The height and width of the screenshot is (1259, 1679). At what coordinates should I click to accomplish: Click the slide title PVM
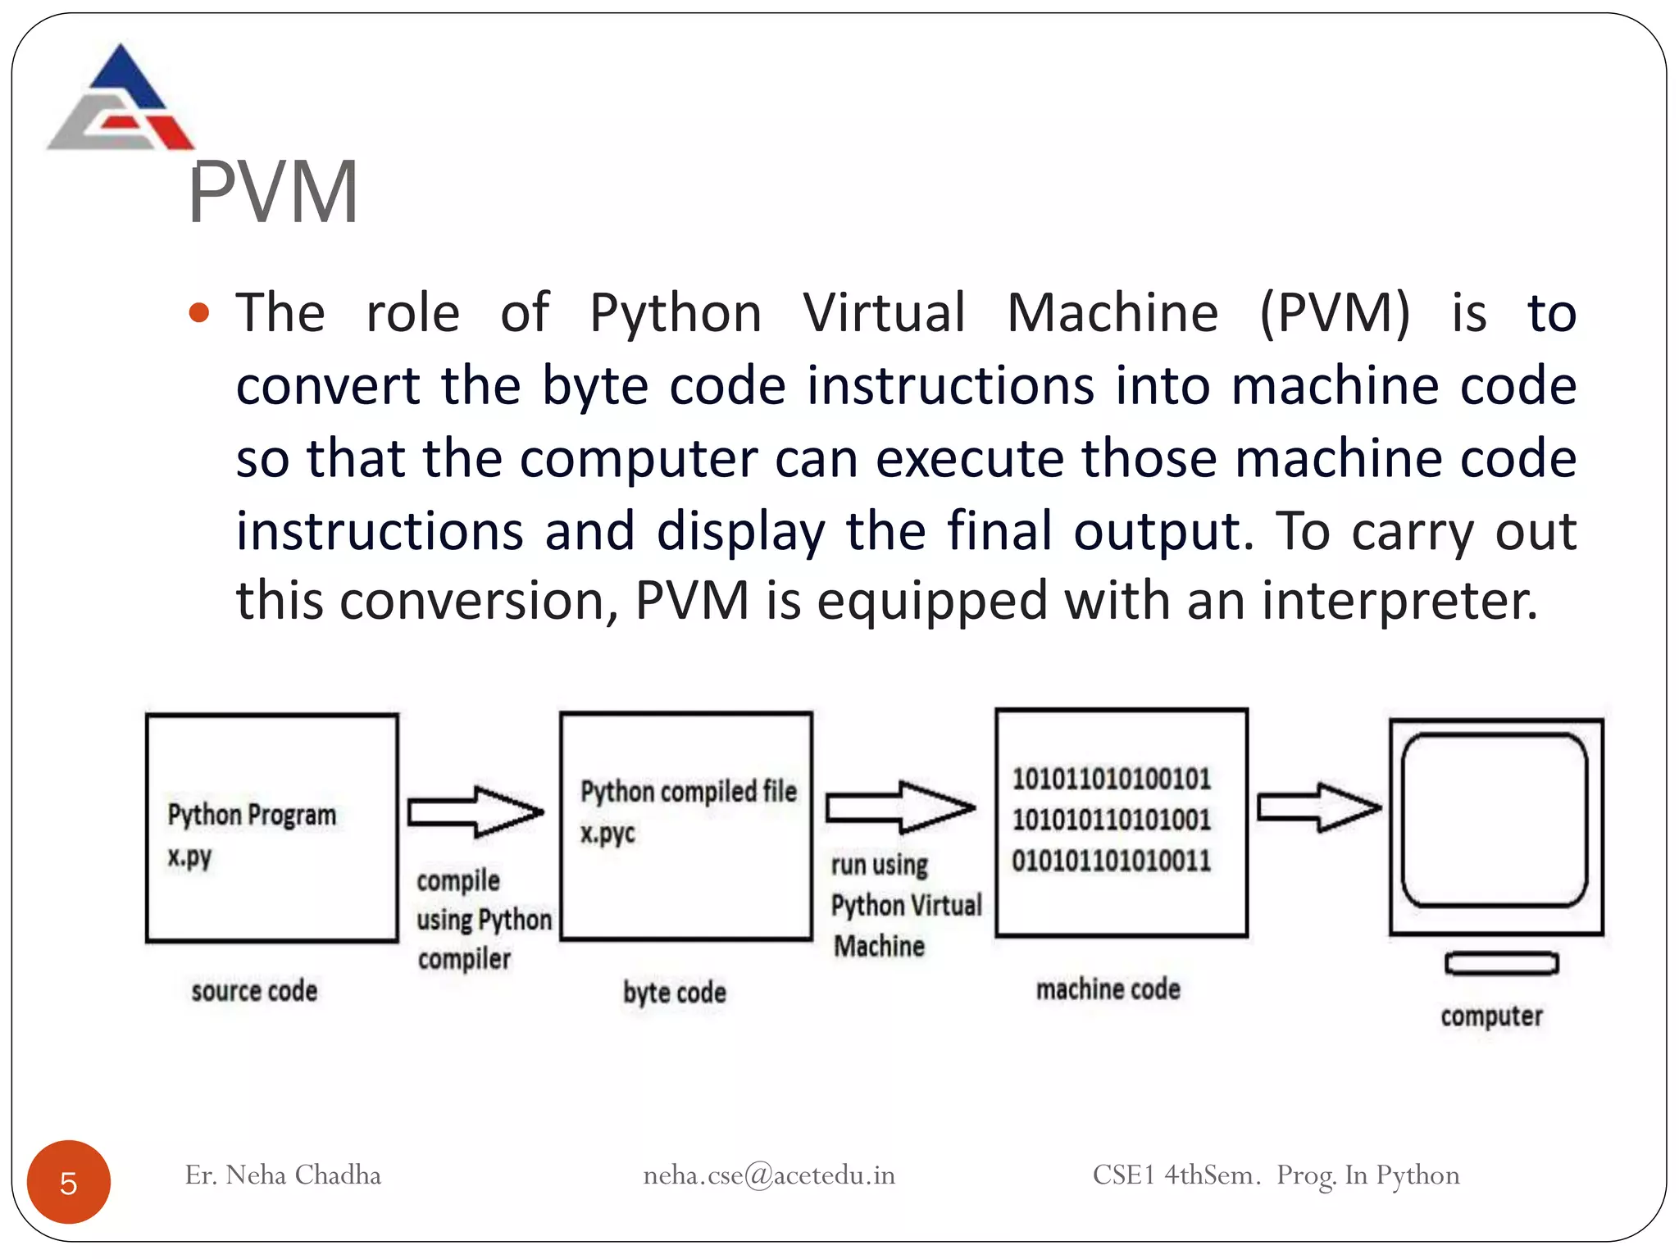click(x=273, y=193)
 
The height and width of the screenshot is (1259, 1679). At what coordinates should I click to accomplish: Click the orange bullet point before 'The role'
click(x=199, y=313)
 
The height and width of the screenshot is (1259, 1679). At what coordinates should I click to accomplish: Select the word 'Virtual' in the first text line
click(x=884, y=313)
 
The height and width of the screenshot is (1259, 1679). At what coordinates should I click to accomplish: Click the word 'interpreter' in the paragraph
click(x=1398, y=601)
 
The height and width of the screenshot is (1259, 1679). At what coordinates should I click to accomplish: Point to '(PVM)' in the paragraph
click(x=1335, y=313)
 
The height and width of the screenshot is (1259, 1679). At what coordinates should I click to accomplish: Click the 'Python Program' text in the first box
click(x=252, y=815)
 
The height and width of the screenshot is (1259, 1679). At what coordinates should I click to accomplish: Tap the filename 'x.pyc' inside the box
click(x=607, y=834)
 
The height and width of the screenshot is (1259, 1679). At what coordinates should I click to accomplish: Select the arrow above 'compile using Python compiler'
click(x=475, y=811)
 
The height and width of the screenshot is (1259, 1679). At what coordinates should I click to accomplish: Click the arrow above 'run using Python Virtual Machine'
click(x=900, y=807)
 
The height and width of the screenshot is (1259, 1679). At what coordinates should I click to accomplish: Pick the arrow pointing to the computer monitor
click(x=1318, y=807)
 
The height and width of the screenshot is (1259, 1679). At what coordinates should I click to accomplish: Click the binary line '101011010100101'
click(x=1111, y=779)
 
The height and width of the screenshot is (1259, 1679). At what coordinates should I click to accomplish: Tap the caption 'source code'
click(x=254, y=991)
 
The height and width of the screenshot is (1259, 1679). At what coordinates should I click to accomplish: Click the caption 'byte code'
click(x=674, y=993)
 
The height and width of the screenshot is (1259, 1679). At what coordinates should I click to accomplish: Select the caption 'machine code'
click(x=1108, y=989)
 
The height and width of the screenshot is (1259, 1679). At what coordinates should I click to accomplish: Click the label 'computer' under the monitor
click(x=1491, y=1016)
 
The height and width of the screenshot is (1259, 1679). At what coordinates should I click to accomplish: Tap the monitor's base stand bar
click(x=1501, y=963)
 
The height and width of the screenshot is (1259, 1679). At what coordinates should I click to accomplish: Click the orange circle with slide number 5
click(x=69, y=1182)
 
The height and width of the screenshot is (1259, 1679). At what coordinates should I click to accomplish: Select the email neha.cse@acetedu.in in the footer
click(x=768, y=1175)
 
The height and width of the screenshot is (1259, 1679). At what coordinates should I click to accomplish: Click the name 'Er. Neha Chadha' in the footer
click(x=283, y=1175)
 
